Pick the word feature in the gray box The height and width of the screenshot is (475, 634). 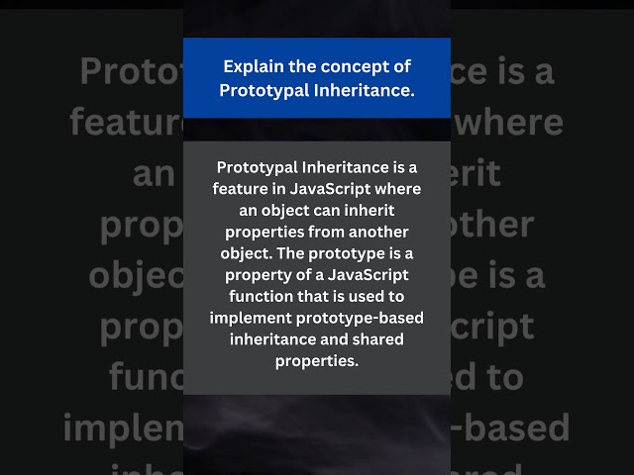pos(242,189)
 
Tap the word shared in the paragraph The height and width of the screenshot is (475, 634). pos(374,339)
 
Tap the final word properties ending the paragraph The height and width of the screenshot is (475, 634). pos(317,360)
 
